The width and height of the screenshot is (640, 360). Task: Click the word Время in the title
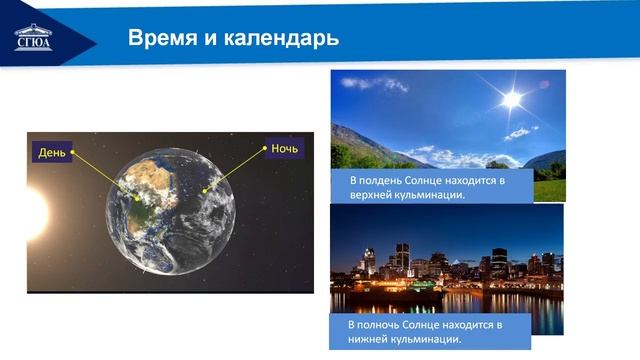159,39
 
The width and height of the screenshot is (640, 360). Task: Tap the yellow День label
52,153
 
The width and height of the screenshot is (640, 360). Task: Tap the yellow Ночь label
285,149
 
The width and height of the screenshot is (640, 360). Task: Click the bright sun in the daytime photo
512,98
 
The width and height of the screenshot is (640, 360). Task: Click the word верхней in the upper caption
372,195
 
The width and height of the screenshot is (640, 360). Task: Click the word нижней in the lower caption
370,341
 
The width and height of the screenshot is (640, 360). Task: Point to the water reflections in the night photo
450,300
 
